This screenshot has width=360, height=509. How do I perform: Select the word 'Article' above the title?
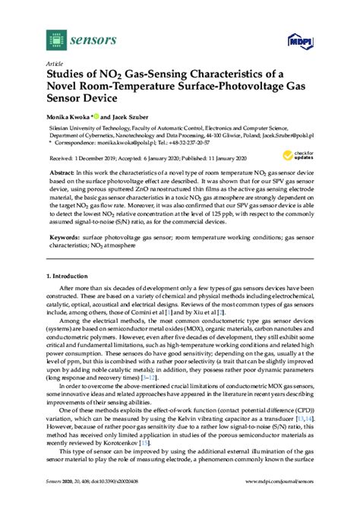[54, 63]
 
